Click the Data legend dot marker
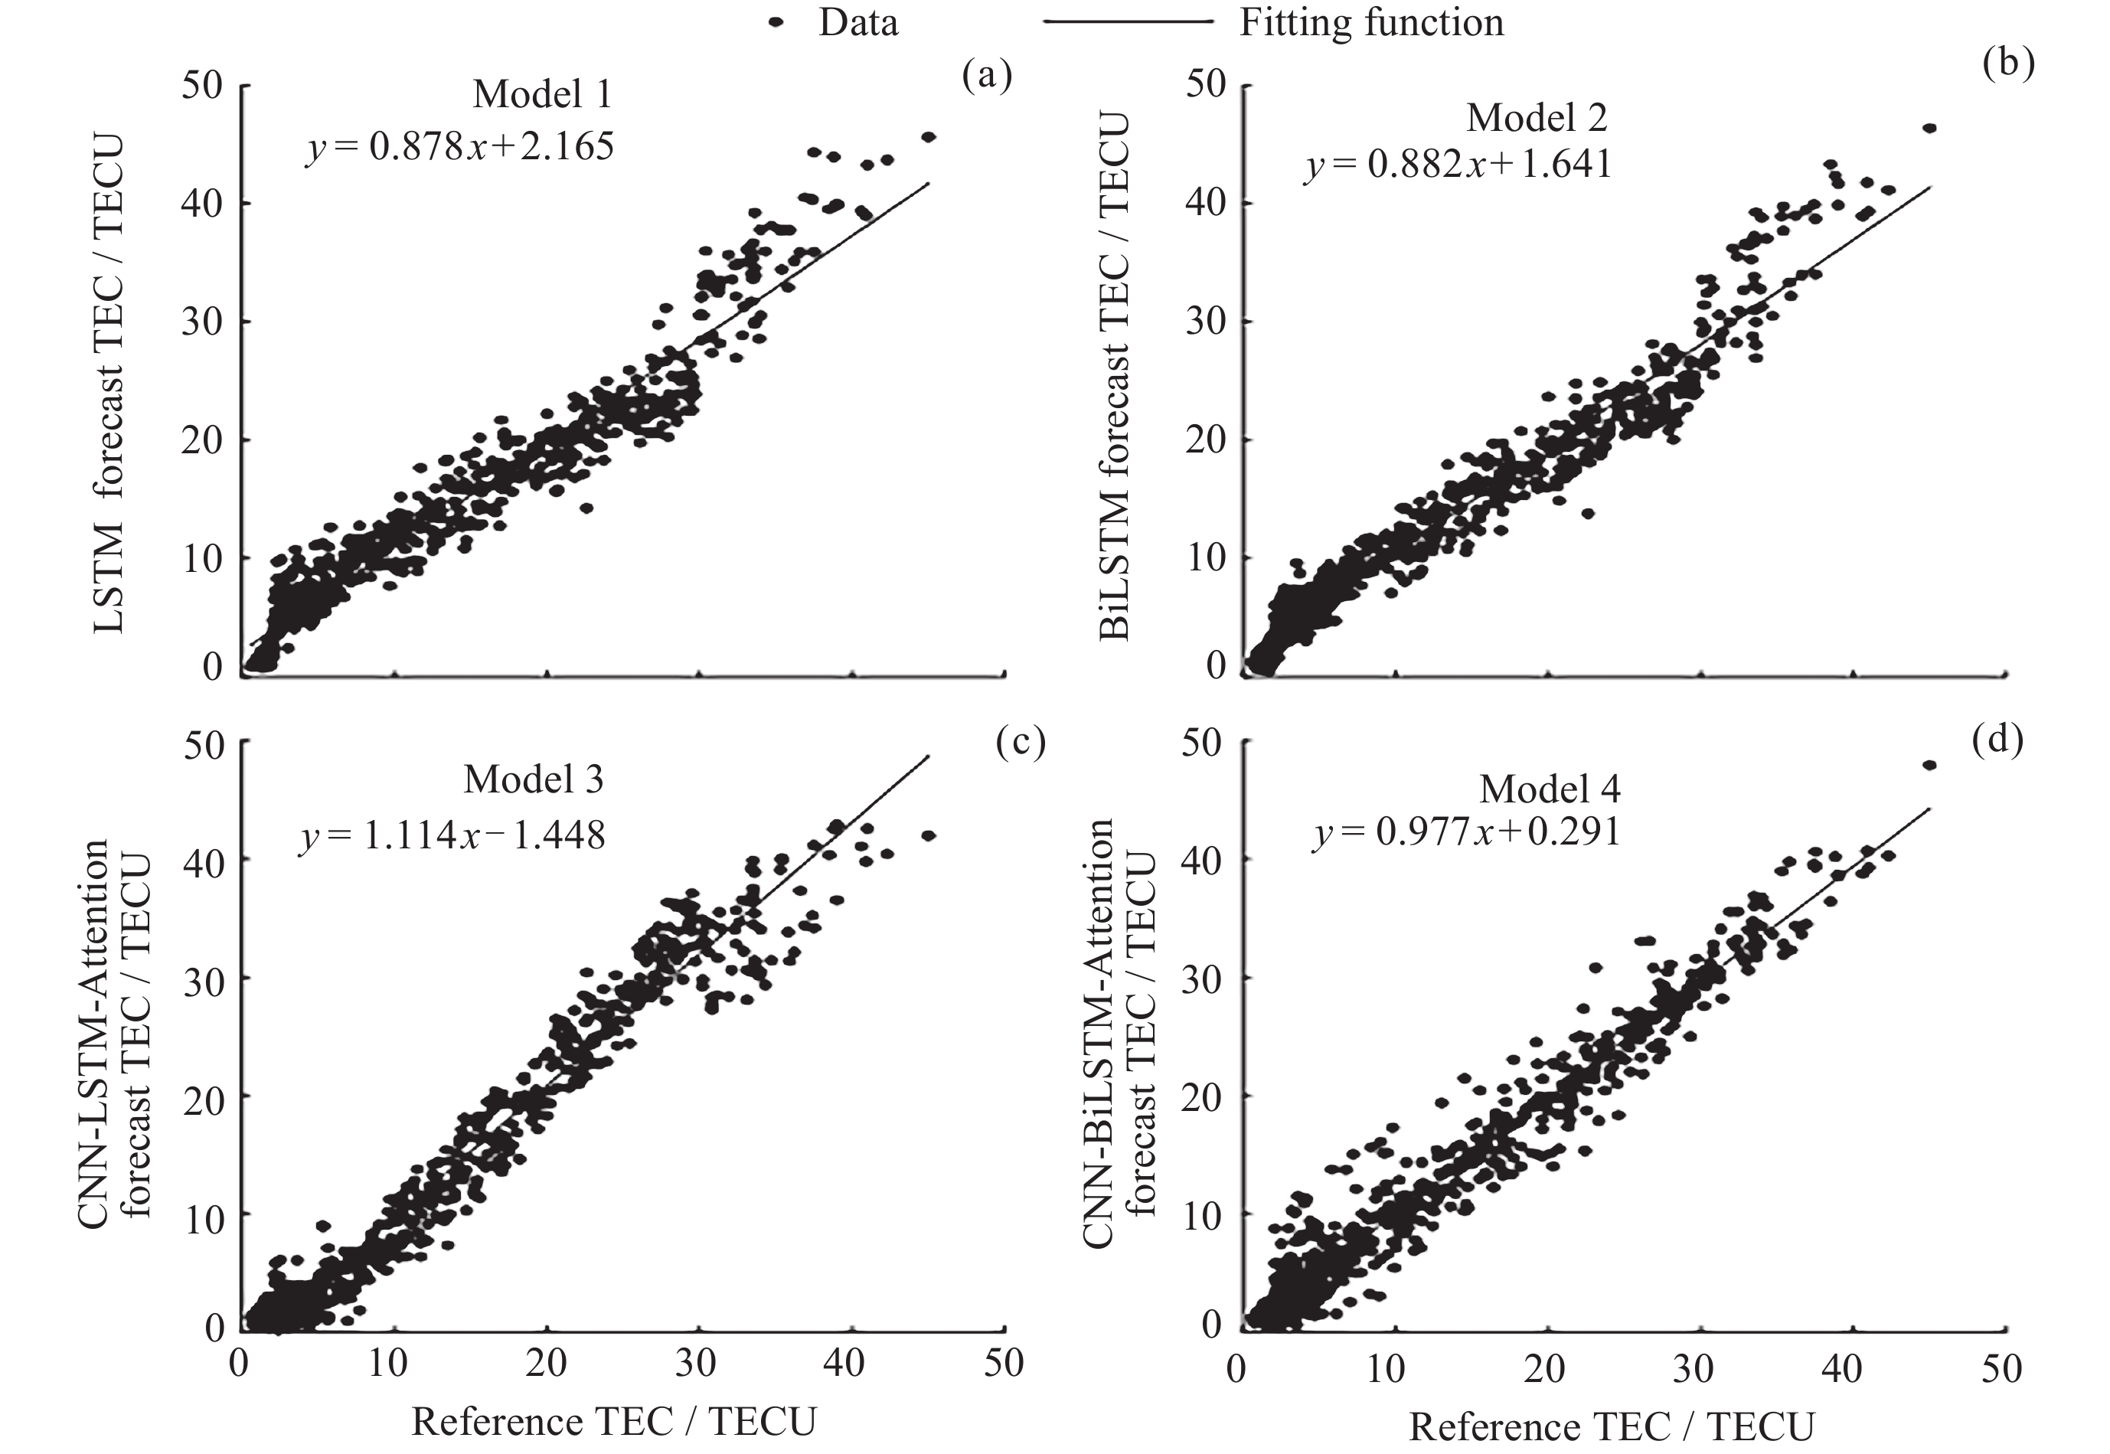[776, 22]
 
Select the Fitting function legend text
[1370, 22]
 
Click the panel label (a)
[987, 77]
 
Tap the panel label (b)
[2008, 64]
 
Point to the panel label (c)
[1020, 743]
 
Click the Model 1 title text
[542, 94]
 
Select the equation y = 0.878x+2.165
[460, 145]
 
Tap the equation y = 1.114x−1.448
[452, 835]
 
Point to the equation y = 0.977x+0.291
[1467, 832]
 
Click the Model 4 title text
[1550, 789]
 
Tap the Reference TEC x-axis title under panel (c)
[613, 1420]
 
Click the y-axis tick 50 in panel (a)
[201, 85]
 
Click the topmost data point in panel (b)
[1929, 129]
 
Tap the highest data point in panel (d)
[1929, 765]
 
